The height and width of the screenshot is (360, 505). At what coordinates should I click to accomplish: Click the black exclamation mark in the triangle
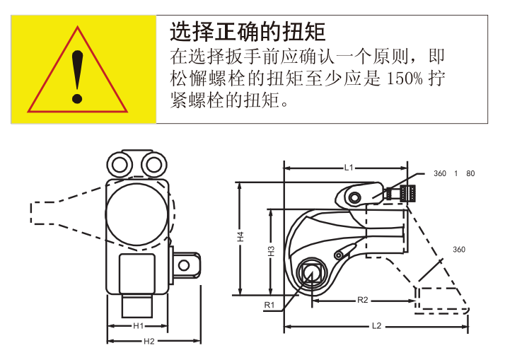[77, 77]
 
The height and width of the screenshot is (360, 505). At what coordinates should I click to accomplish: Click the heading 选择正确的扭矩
[248, 32]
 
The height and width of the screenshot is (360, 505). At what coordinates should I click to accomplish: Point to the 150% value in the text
[404, 79]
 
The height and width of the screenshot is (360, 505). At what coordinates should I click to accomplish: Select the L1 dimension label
[349, 168]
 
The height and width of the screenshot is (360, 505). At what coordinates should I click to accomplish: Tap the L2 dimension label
[376, 326]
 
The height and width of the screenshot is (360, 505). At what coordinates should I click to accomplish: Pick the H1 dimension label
[138, 326]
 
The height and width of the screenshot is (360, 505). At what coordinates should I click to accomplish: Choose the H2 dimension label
[149, 341]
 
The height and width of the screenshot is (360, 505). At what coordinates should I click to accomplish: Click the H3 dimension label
[272, 251]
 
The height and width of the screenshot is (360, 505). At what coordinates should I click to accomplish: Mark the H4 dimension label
[240, 237]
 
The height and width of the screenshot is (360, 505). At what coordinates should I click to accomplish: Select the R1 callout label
[269, 305]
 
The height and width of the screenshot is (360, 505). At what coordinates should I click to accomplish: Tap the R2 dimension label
[363, 300]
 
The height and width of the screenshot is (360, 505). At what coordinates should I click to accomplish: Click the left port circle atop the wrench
[120, 165]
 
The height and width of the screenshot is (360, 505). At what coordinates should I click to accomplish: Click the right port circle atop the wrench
[154, 165]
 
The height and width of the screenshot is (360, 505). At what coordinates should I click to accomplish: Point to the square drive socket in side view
[311, 273]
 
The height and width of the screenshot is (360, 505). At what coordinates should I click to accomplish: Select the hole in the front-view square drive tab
[184, 265]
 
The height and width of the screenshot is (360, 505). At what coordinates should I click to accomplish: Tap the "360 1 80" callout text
[454, 173]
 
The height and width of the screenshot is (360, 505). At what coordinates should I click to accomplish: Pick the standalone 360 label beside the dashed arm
[459, 250]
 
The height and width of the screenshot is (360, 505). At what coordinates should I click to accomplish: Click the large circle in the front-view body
[137, 214]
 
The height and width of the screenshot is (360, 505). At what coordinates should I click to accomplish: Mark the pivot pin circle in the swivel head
[354, 197]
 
